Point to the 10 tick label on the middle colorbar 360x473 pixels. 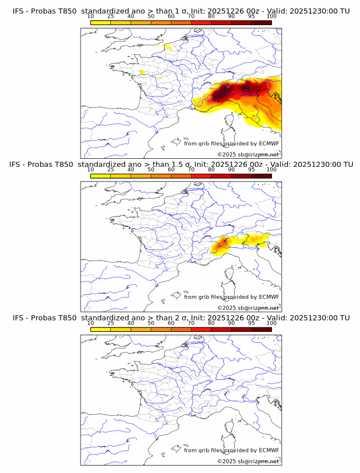click(91, 170)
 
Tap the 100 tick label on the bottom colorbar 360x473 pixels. click(271, 323)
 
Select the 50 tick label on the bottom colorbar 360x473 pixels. click(151, 323)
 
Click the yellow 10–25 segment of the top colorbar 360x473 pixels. click(101, 22)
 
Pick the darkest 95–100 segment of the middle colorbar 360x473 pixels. click(261, 176)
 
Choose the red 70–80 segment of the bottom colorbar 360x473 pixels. click(201, 330)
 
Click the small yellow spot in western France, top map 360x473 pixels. click(142, 72)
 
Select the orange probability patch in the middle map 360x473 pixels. click(221, 246)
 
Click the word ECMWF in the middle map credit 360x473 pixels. click(269, 297)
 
